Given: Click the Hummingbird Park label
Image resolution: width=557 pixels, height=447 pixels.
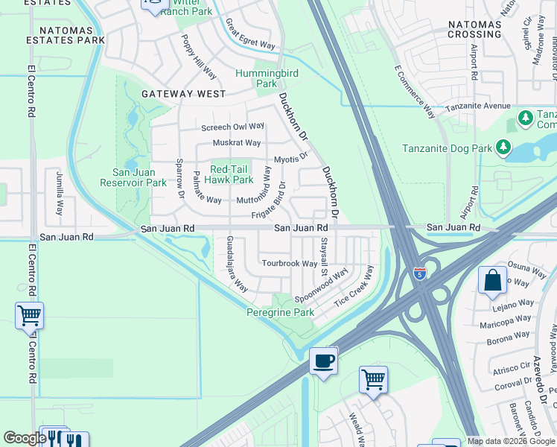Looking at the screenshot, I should [256, 78].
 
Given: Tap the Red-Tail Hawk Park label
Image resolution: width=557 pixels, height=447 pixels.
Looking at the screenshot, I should [232, 174].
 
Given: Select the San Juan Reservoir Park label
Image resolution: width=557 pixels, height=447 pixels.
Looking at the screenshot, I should [134, 177].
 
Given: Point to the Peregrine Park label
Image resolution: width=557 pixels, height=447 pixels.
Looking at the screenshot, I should [280, 313].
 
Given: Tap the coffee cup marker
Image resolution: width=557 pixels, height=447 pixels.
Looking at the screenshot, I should [323, 361].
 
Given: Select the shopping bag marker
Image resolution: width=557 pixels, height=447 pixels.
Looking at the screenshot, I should [492, 282].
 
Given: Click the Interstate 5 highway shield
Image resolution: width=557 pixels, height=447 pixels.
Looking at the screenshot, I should [420, 273].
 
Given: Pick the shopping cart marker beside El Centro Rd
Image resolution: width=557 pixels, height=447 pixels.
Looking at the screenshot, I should [29, 316].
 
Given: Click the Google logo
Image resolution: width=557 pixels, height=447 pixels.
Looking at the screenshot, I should [25, 438].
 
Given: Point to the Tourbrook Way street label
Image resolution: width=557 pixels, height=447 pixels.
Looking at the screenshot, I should [290, 264].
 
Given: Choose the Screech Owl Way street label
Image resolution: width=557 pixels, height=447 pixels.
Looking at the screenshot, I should [232, 127].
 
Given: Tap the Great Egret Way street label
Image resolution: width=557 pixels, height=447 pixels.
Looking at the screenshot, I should [249, 34].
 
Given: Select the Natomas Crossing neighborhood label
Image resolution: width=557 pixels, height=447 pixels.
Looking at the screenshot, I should [474, 29].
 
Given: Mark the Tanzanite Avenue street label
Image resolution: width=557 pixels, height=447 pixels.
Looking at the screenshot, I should [477, 107].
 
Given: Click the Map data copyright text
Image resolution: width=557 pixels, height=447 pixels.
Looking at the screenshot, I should [510, 441].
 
